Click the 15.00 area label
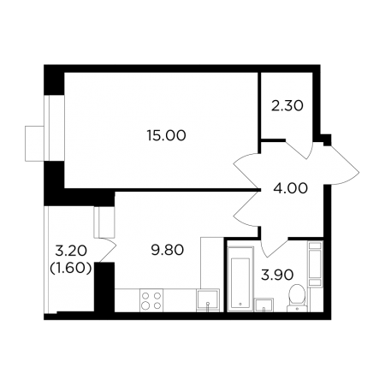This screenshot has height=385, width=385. (167, 135)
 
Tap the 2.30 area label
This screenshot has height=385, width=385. (287, 106)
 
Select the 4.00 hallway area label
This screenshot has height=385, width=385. (291, 188)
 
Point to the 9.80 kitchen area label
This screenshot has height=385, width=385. (168, 250)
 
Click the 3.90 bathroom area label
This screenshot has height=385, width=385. (277, 275)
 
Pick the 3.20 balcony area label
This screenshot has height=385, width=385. (71, 251)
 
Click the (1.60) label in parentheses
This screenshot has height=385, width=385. (71, 268)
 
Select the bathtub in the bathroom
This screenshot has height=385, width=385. (240, 278)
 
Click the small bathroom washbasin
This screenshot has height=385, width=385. (264, 305)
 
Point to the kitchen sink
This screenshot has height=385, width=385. (208, 300)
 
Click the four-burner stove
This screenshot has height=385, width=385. (151, 300)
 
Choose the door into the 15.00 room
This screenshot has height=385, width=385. (246, 171)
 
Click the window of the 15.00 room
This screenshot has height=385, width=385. (45, 127)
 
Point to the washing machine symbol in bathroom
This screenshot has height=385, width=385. (316, 264)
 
